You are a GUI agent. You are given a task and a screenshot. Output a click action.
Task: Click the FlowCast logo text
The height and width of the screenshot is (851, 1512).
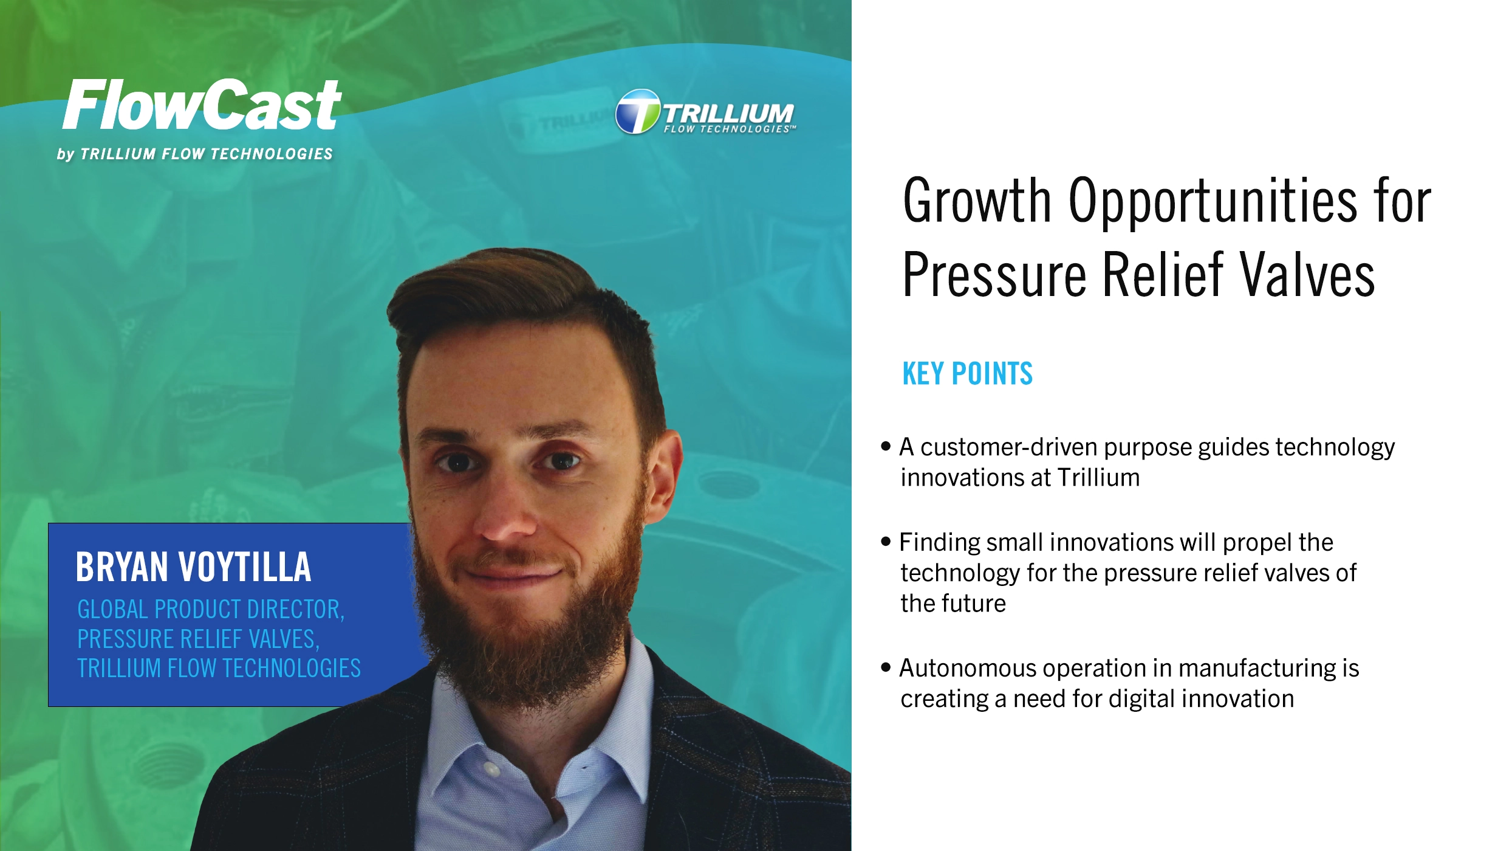(x=202, y=105)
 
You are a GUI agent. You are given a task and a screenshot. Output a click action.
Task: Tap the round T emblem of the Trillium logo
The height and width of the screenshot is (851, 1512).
(x=637, y=112)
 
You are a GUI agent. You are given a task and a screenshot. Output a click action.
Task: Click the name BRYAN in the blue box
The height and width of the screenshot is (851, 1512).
(x=121, y=567)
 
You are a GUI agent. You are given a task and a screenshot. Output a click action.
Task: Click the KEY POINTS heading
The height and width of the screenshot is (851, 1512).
(x=967, y=374)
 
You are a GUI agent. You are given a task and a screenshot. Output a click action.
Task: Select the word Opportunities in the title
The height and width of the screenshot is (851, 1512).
(x=1213, y=201)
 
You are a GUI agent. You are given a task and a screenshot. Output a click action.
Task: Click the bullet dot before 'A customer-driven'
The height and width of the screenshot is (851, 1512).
(x=886, y=446)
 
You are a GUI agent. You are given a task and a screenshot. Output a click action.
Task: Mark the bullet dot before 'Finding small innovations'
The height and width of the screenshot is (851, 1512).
(x=886, y=541)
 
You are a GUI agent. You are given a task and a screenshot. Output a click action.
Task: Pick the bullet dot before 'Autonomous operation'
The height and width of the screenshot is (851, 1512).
(x=886, y=667)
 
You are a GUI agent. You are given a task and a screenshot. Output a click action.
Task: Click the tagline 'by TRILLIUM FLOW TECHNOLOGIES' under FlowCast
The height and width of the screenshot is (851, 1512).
(x=195, y=154)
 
